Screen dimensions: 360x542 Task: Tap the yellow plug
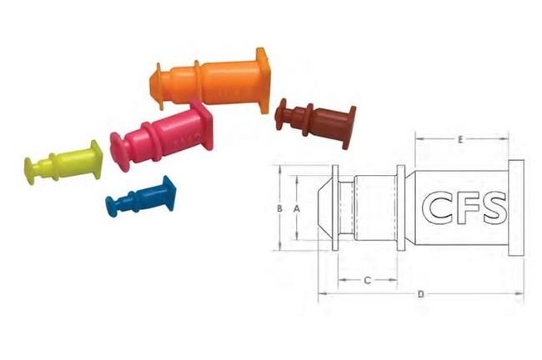pyautogui.click(x=65, y=162)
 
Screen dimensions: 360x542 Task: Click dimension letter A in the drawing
pyautogui.click(x=297, y=210)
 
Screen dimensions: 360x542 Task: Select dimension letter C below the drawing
pyautogui.click(x=369, y=280)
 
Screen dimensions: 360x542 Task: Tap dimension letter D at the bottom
pyautogui.click(x=421, y=293)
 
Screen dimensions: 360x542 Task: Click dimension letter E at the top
pyautogui.click(x=460, y=140)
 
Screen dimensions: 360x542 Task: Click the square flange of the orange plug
pyautogui.click(x=263, y=81)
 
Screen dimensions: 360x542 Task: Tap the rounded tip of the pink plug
pyautogui.click(x=118, y=149)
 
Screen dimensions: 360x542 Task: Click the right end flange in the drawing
pyautogui.click(x=516, y=207)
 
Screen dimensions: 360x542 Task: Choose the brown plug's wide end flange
pyautogui.click(x=348, y=127)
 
